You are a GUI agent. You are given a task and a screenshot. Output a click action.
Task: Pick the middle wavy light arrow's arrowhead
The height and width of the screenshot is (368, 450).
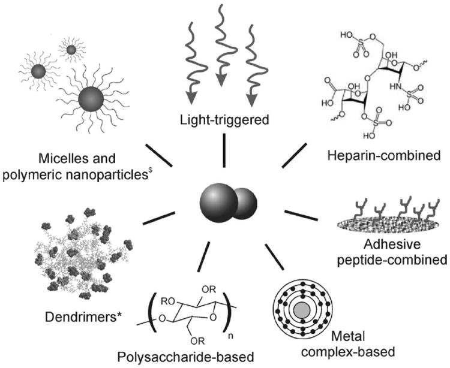tap(221, 80)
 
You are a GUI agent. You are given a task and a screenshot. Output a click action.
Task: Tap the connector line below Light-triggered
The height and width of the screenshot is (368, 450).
tap(224, 152)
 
